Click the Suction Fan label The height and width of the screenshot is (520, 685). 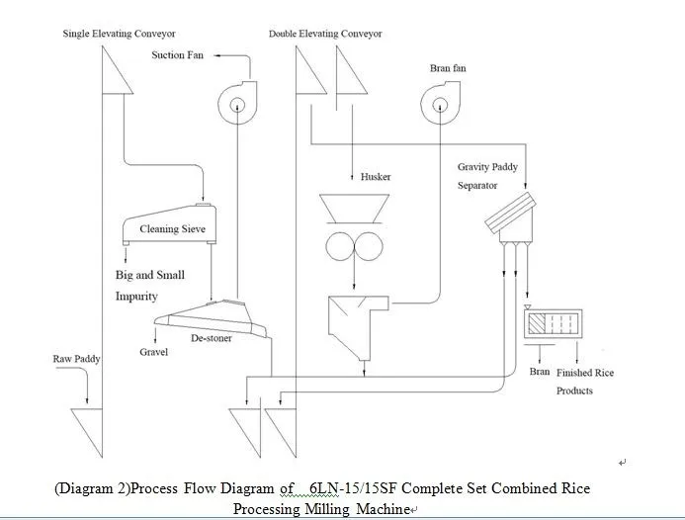click(177, 55)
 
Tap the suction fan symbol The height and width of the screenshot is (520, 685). click(235, 102)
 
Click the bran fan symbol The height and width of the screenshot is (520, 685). click(441, 103)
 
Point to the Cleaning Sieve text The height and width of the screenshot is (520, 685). click(172, 229)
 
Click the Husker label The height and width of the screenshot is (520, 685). click(376, 177)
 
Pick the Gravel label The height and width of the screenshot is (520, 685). click(154, 352)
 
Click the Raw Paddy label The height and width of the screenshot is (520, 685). click(76, 359)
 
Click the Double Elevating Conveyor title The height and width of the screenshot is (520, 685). click(325, 34)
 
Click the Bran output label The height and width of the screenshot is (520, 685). click(540, 372)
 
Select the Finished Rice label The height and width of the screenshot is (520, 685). click(585, 373)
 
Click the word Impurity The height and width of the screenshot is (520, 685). click(136, 296)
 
